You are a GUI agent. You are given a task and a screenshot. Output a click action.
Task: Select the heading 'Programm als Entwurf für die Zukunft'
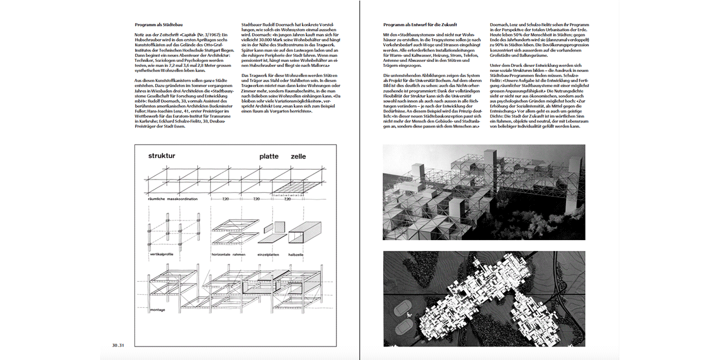tap(420, 25)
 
